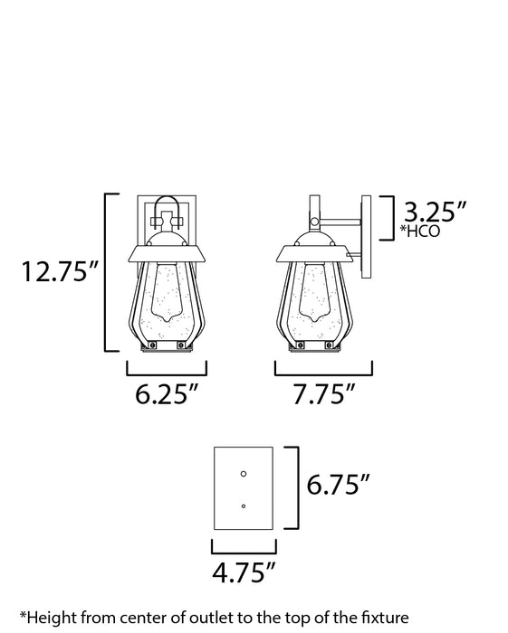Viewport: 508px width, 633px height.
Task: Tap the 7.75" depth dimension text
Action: (x=324, y=396)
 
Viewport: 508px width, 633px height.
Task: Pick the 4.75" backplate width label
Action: (x=244, y=571)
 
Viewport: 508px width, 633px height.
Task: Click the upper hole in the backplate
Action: (x=243, y=473)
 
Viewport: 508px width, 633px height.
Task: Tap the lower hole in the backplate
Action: (x=243, y=505)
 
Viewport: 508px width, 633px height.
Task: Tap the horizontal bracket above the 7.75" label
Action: (x=323, y=370)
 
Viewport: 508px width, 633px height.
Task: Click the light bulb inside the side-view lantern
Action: (x=312, y=294)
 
